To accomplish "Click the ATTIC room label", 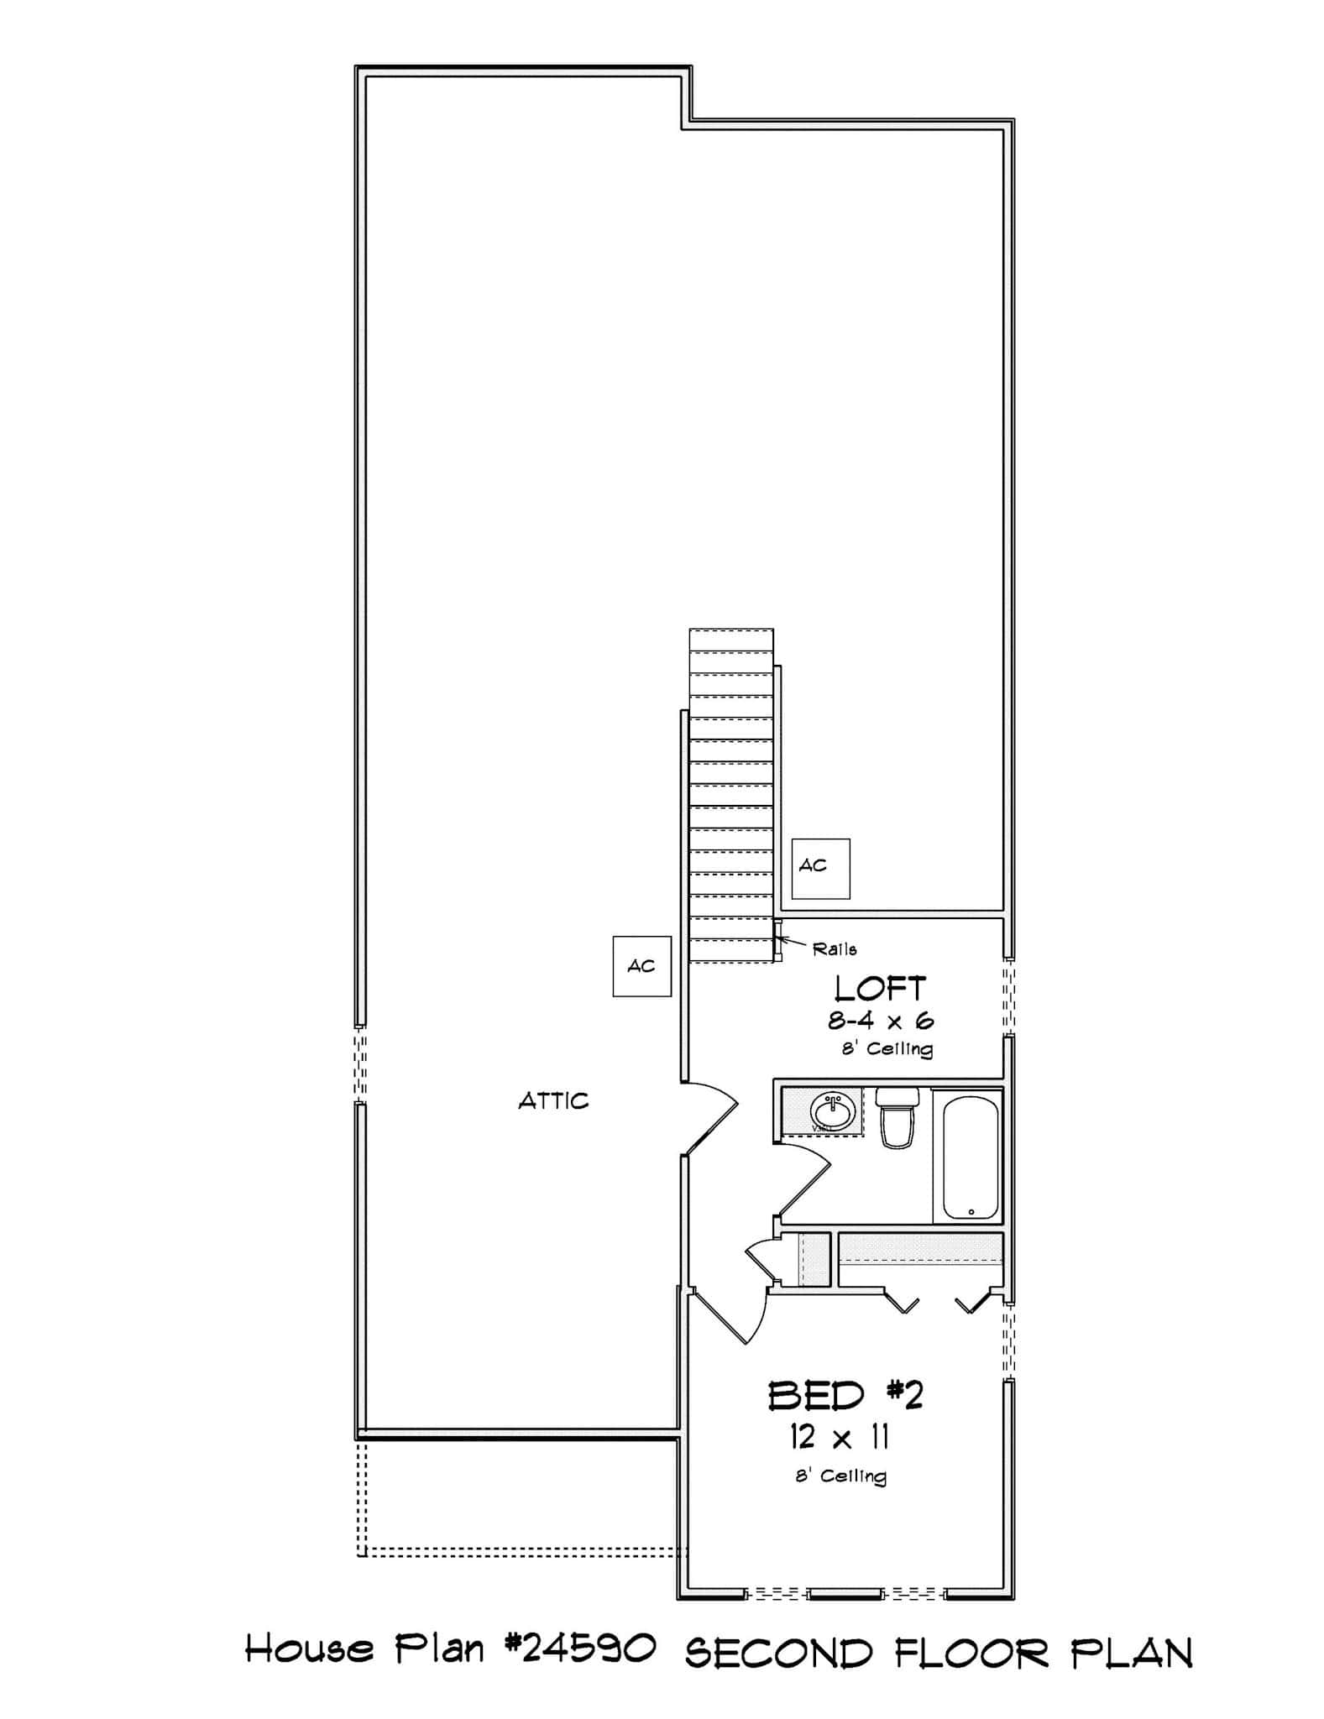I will click(553, 1100).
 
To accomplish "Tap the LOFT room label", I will click(880, 989).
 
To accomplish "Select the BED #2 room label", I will click(845, 1395).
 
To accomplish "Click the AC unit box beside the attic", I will click(641, 966).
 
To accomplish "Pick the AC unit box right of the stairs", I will click(820, 868).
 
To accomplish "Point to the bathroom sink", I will click(833, 1111).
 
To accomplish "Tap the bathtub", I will click(971, 1159).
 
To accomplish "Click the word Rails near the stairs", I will click(835, 949).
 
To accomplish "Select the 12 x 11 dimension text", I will click(839, 1438).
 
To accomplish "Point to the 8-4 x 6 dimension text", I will click(881, 1021).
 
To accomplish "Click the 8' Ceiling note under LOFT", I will click(887, 1049).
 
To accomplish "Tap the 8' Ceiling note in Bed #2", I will click(840, 1476).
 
